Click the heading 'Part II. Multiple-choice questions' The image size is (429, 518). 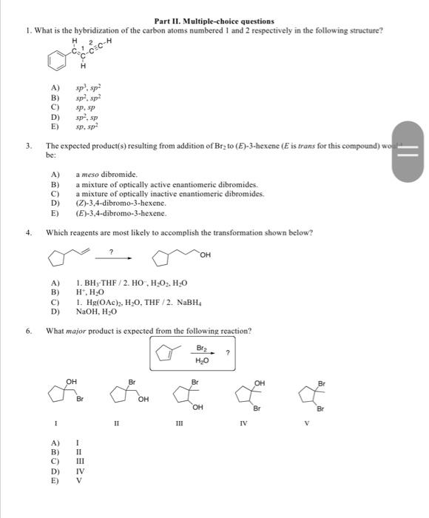pyautogui.click(x=214, y=21)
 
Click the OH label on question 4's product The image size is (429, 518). pyautogui.click(x=204, y=255)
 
